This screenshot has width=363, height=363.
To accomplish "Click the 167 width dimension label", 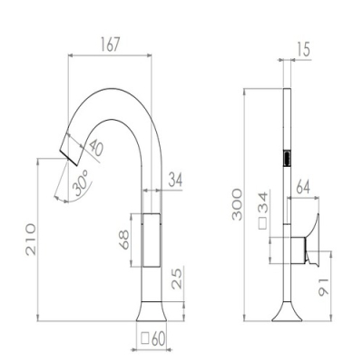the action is coord(110,44).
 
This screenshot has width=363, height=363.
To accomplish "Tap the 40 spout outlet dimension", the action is coord(96,148).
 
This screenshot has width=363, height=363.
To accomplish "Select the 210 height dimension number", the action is coord(31,240).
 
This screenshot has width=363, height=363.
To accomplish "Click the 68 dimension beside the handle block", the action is coord(123,240).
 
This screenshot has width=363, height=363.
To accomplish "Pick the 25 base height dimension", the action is coord(177,279).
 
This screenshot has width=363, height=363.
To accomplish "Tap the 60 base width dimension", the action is coord(158,339).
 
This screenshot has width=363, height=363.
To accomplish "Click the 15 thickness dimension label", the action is coord(303,49).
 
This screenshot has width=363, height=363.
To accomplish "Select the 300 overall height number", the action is coord(237,204).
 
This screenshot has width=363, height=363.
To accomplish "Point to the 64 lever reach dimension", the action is coord(303,187).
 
